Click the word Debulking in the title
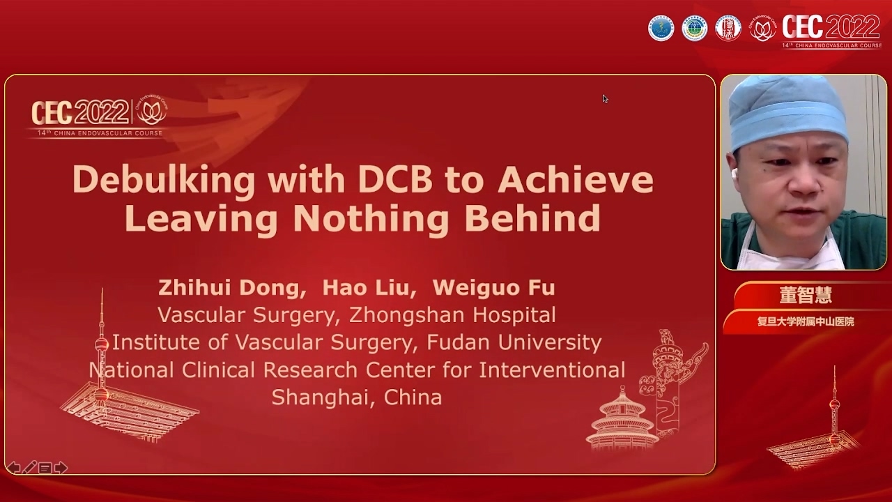click(x=164, y=181)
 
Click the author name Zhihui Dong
click(x=231, y=288)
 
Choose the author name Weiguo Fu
click(x=493, y=288)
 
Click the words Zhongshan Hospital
click(x=452, y=315)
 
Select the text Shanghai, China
click(x=356, y=397)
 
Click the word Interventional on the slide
click(x=552, y=370)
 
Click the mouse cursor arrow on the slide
click(x=605, y=98)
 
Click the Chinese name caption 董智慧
click(x=806, y=295)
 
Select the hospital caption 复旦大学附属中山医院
click(x=806, y=321)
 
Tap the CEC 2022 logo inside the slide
click(x=98, y=116)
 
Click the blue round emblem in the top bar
click(x=661, y=28)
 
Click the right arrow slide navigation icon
click(x=61, y=468)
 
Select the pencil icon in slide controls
click(x=29, y=468)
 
